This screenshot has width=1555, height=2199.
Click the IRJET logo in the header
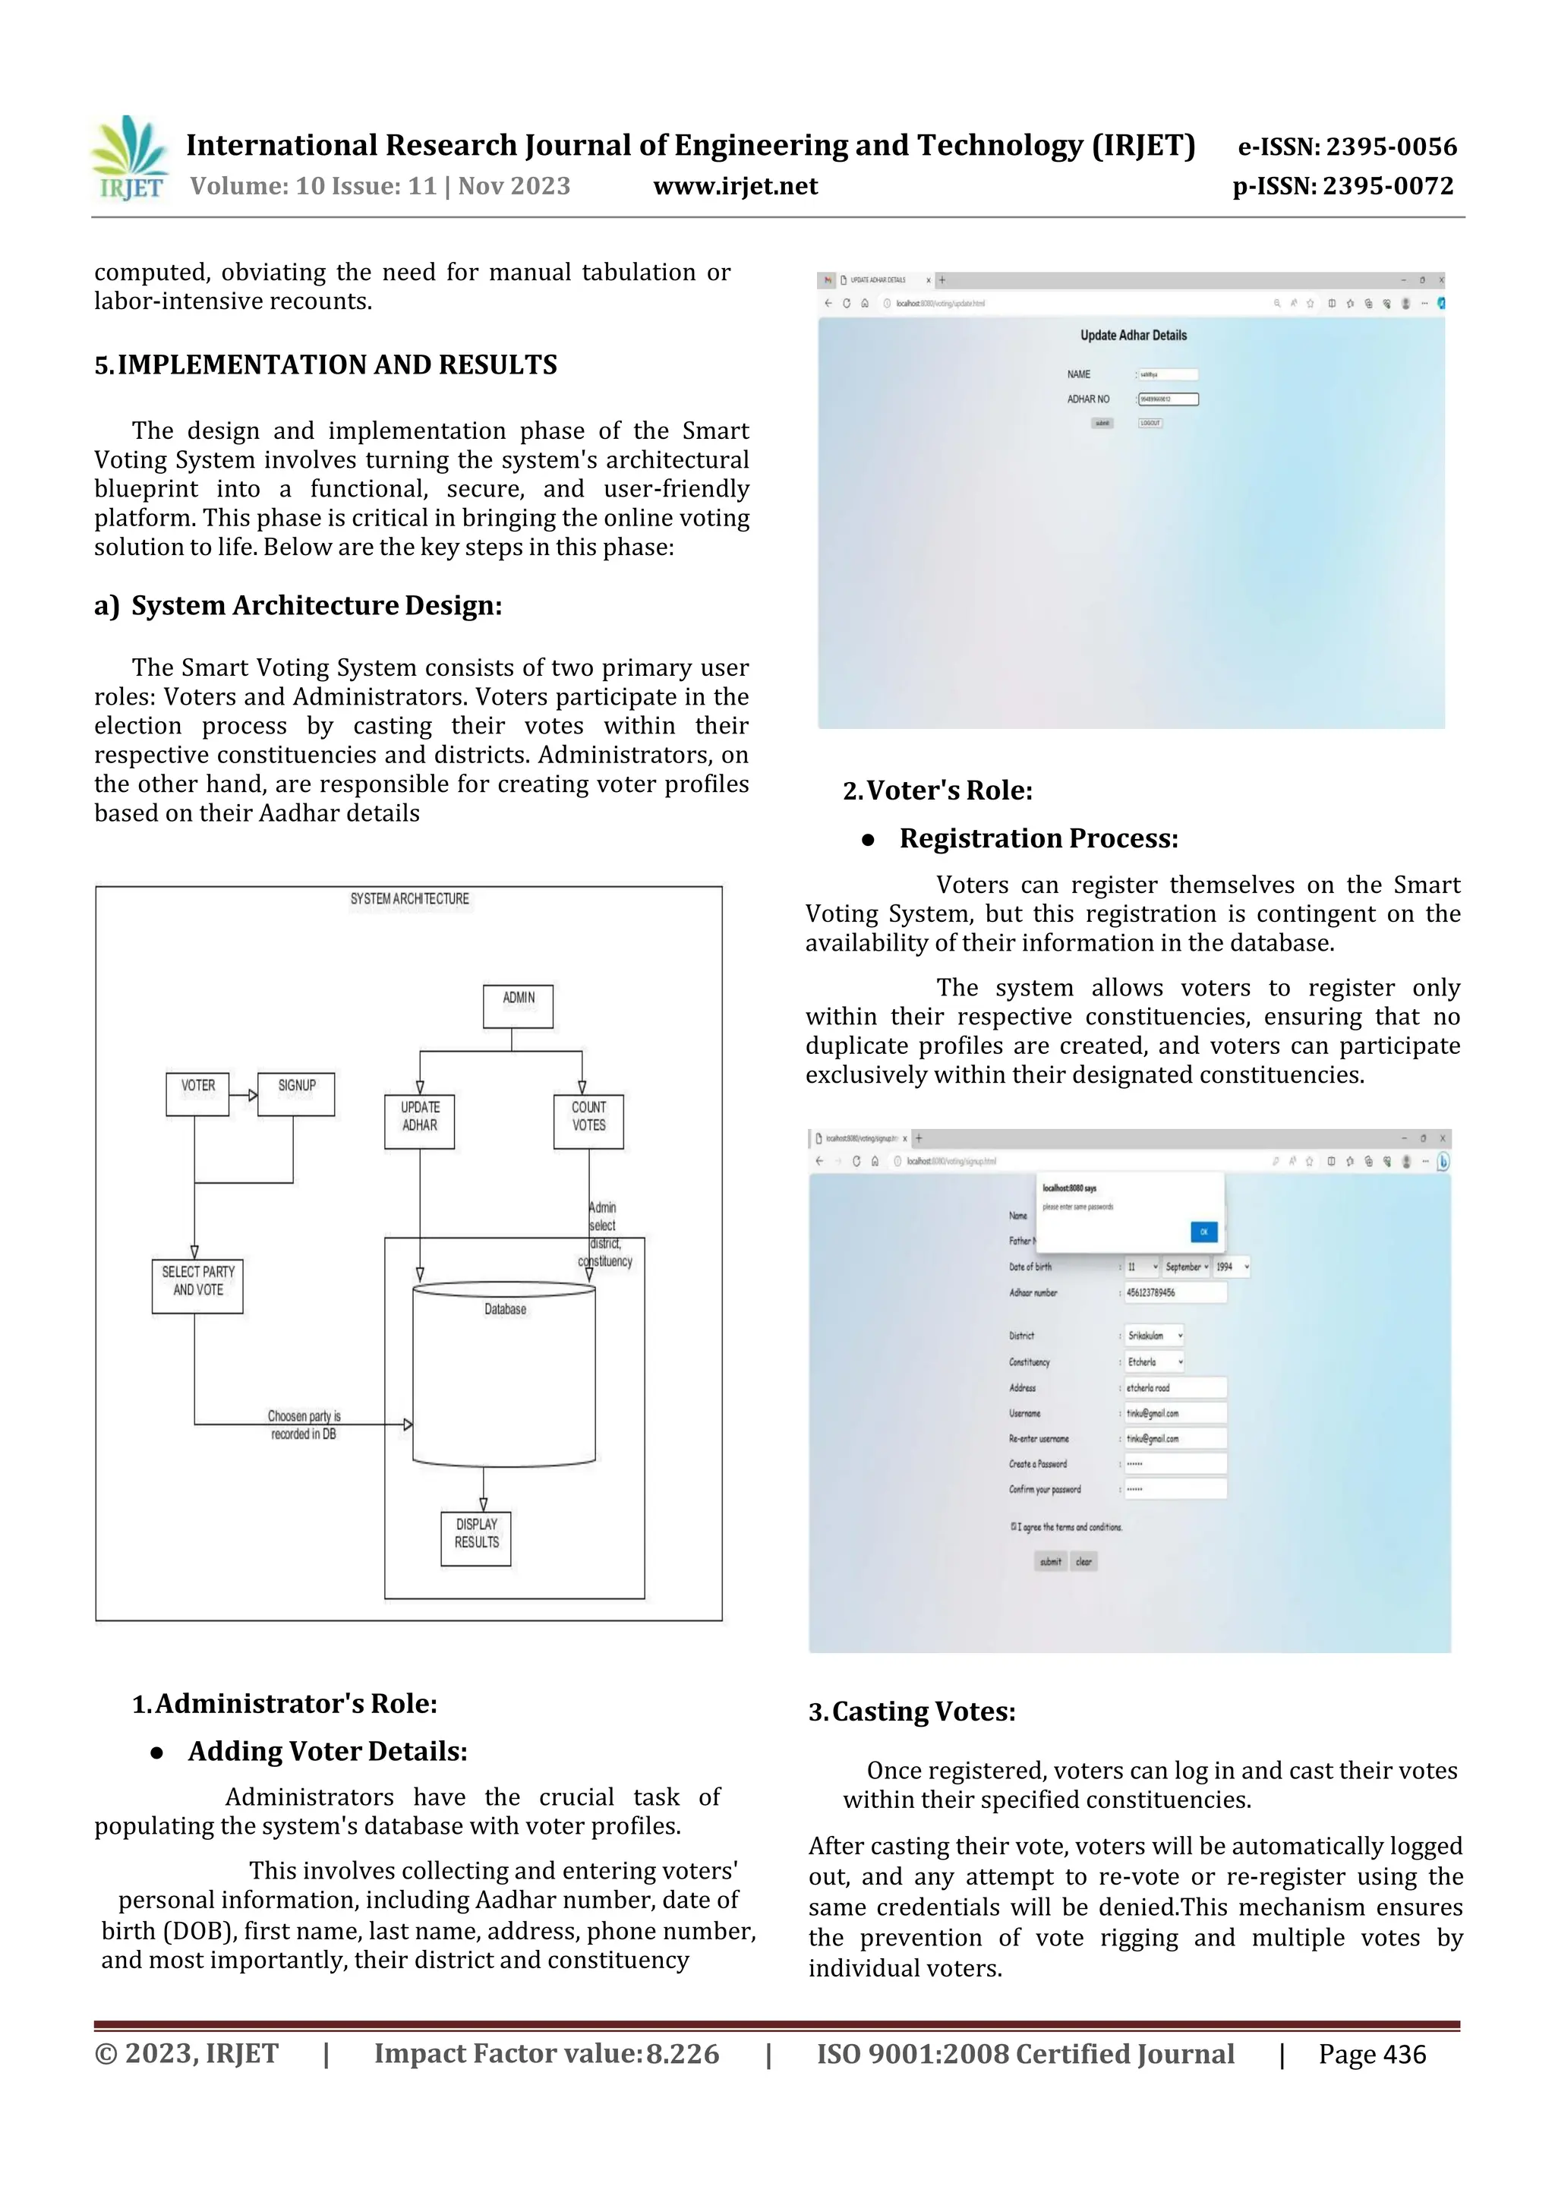tap(129, 159)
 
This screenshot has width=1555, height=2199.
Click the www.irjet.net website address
tap(736, 186)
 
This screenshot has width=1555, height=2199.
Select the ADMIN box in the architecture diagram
tap(518, 1005)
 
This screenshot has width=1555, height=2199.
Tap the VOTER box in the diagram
tap(197, 1093)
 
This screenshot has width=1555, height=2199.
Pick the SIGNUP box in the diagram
tap(296, 1093)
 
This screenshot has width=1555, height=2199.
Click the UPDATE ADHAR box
tap(419, 1121)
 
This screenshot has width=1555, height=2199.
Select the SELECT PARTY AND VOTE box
tap(197, 1286)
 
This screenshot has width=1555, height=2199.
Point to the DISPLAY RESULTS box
tap(476, 1538)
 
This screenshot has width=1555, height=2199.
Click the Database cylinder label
tap(505, 1309)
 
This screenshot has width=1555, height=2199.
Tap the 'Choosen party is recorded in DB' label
tap(304, 1425)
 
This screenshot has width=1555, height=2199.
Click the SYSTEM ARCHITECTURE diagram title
tap(410, 898)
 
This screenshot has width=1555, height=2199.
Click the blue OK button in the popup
tap(1203, 1232)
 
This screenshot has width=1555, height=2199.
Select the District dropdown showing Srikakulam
tap(1154, 1335)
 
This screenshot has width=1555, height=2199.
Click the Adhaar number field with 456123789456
tap(1174, 1292)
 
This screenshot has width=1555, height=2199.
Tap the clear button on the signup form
tap(1083, 1561)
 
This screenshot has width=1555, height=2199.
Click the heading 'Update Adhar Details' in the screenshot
tap(1133, 335)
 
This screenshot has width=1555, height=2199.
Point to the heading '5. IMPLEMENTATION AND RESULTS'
tap(326, 365)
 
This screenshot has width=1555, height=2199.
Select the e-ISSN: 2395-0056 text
tap(1347, 147)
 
